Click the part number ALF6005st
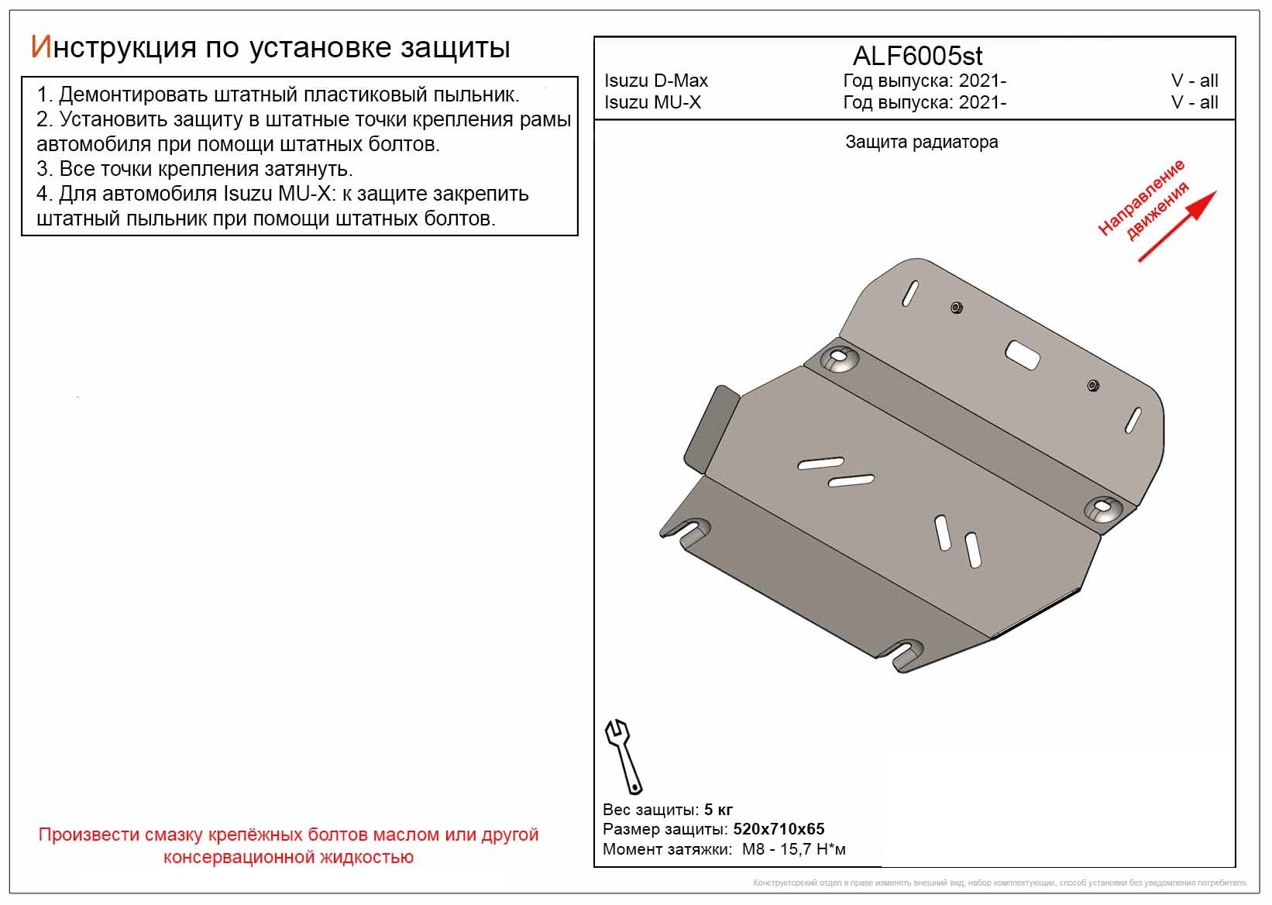click(917, 56)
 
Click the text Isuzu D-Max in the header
click(655, 81)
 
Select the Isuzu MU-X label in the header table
click(652, 102)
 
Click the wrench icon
click(623, 755)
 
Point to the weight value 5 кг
click(718, 810)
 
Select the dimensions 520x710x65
click(779, 829)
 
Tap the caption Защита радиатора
click(921, 142)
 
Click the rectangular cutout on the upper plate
click(1023, 354)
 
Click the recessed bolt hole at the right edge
click(1103, 508)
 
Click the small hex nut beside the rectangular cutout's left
click(956, 308)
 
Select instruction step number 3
click(194, 169)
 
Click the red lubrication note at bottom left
click(288, 846)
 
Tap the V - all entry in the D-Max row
click(1194, 81)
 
